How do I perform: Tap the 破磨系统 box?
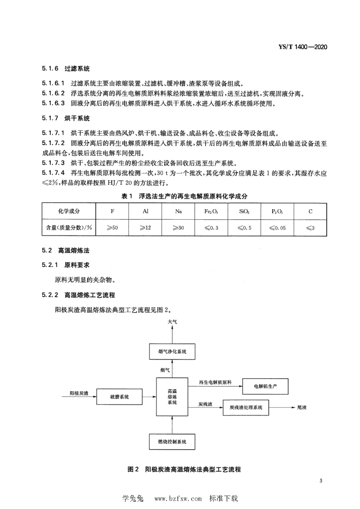point(119,396)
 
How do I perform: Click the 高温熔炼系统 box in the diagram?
point(173,397)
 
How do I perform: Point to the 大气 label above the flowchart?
point(172,322)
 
